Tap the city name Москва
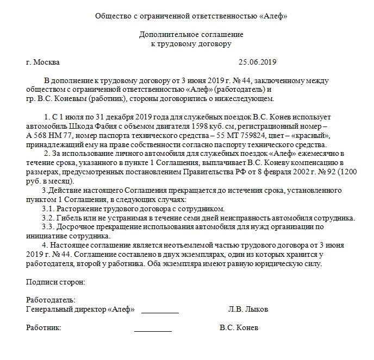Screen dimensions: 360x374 (x=47, y=62)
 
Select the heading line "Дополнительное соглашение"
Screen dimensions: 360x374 (x=191, y=34)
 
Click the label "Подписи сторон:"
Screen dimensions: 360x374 (x=55, y=282)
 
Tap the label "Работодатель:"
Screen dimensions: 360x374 (x=51, y=300)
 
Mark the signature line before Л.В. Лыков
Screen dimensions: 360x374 (x=160, y=312)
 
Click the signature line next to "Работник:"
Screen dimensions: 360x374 (x=153, y=330)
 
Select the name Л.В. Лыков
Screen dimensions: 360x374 (x=248, y=310)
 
